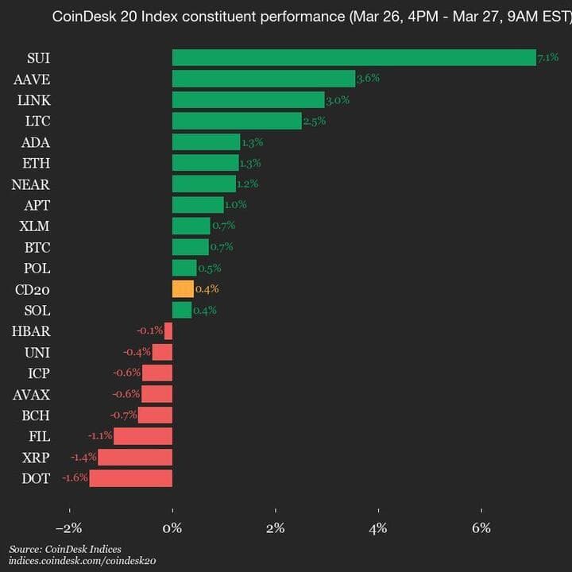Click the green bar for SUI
pyautogui.click(x=354, y=58)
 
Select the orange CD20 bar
pyautogui.click(x=183, y=289)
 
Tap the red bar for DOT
pyautogui.click(x=131, y=478)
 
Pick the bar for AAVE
pyautogui.click(x=264, y=79)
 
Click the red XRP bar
pyautogui.click(x=135, y=457)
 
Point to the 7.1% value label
pyautogui.click(x=548, y=58)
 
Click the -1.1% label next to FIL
pyautogui.click(x=101, y=436)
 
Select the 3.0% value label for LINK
pyautogui.click(x=338, y=100)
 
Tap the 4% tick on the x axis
pyautogui.click(x=379, y=528)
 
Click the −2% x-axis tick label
pyautogui.click(x=69, y=528)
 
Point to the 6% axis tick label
pyautogui.click(x=481, y=528)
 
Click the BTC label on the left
pyautogui.click(x=37, y=247)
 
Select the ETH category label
pyautogui.click(x=37, y=163)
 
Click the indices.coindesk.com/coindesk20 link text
pyautogui.click(x=82, y=562)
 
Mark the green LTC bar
pyautogui.click(x=237, y=121)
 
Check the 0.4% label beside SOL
pyautogui.click(x=205, y=311)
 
